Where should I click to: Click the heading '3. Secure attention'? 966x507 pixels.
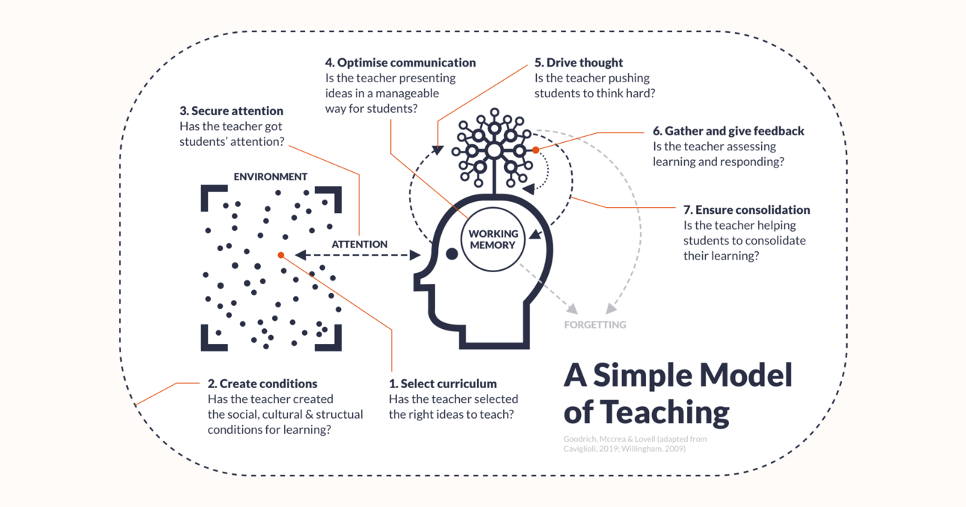click(x=231, y=111)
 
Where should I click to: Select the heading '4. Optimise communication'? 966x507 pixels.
click(x=400, y=63)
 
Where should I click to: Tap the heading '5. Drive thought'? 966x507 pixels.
click(x=578, y=63)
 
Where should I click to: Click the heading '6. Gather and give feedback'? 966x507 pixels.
click(x=728, y=131)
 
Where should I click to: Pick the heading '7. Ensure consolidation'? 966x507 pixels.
click(x=746, y=210)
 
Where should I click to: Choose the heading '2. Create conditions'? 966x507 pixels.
click(x=262, y=384)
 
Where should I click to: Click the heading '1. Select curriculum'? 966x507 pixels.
click(x=443, y=384)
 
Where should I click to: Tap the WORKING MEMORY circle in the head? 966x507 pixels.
click(x=493, y=239)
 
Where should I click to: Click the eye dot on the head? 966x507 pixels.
click(x=452, y=254)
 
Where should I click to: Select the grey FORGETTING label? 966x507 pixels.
click(x=595, y=325)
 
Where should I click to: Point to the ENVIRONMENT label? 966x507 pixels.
click(x=271, y=177)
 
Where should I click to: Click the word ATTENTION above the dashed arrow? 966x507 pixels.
click(x=360, y=244)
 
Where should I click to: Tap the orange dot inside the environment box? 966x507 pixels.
click(x=281, y=255)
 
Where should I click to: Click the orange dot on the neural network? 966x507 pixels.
click(x=535, y=150)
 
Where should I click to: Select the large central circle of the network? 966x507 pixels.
click(x=493, y=150)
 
